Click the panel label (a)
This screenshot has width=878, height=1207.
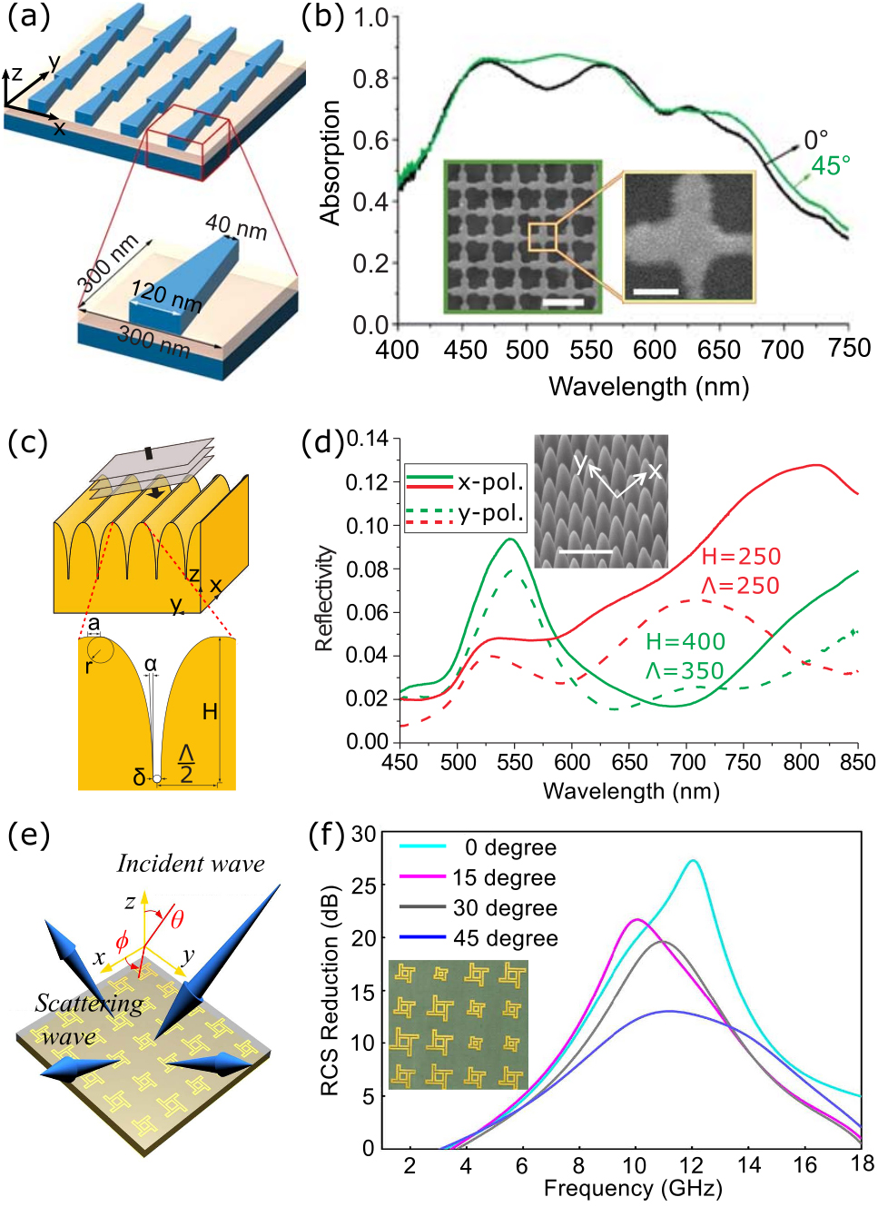click(28, 17)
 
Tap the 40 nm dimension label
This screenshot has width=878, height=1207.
click(236, 226)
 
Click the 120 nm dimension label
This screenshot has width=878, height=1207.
click(166, 295)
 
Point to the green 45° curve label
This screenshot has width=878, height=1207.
click(830, 166)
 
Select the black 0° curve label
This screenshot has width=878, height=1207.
click(815, 141)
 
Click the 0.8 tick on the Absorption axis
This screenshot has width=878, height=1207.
click(370, 79)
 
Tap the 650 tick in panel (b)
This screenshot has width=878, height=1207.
click(718, 350)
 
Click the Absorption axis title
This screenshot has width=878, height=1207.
click(330, 163)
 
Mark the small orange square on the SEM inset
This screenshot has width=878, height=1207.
click(542, 236)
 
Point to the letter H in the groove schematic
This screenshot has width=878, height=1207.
click(210, 711)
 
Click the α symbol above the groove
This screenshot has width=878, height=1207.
click(151, 664)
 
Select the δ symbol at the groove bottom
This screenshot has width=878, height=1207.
click(139, 777)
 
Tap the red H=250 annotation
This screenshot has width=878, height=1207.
click(741, 557)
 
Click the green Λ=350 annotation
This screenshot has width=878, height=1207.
click(685, 670)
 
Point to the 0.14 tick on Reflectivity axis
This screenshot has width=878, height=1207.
click(367, 440)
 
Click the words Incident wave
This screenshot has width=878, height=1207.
click(191, 864)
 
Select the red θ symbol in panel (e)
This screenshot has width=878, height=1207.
click(176, 919)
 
